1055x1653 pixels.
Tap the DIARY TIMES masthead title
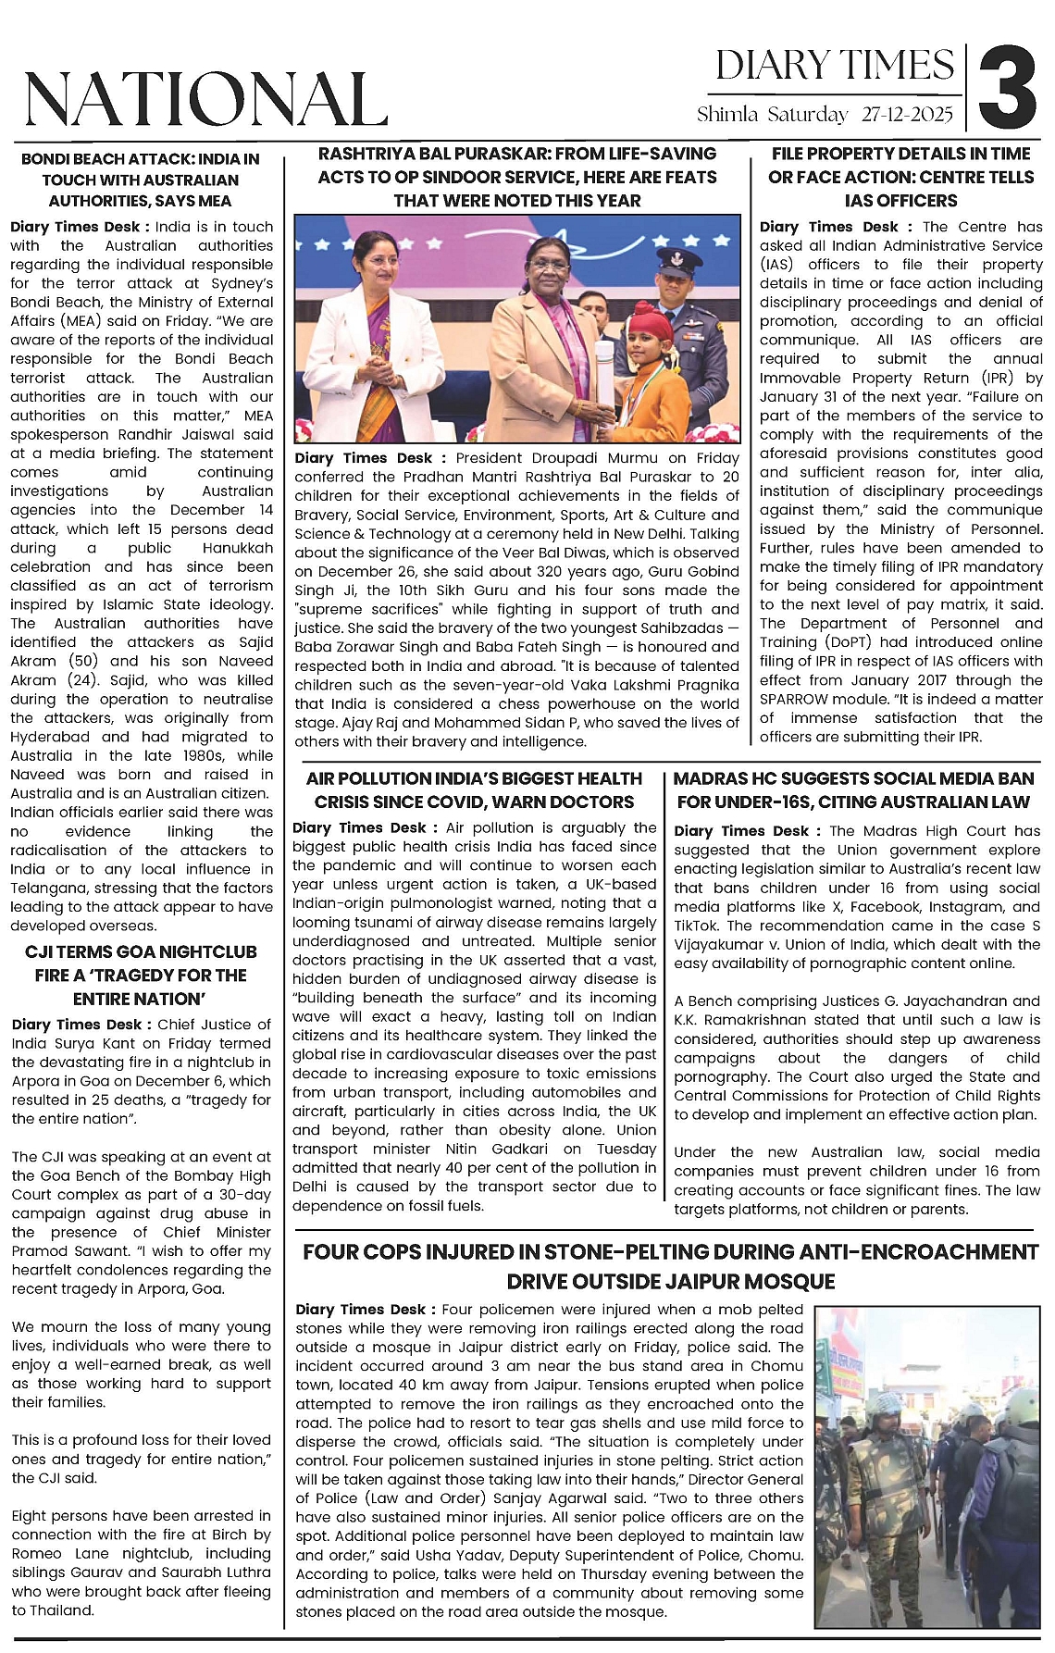click(x=835, y=66)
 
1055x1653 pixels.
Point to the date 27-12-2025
click(x=906, y=115)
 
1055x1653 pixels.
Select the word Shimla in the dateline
click(x=727, y=115)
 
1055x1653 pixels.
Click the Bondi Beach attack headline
click(x=141, y=180)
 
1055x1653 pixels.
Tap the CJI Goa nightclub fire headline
click(x=141, y=975)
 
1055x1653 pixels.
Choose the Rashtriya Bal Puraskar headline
click(x=517, y=177)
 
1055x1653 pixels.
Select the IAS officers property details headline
click(x=900, y=177)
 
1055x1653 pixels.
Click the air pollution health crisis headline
click(x=474, y=789)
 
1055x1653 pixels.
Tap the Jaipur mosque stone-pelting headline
click(x=671, y=1266)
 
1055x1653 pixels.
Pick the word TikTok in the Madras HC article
click(x=697, y=926)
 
